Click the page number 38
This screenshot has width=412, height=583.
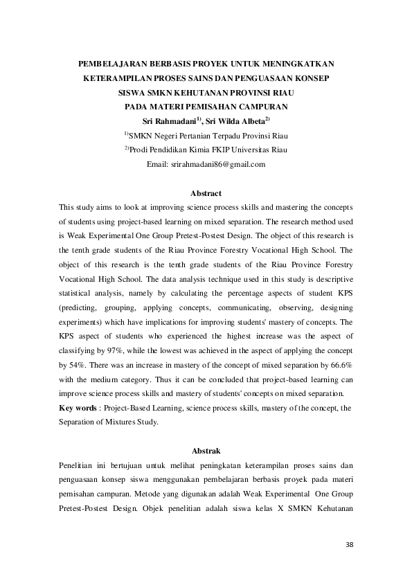(x=349, y=545)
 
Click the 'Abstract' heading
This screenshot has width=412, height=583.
(x=205, y=192)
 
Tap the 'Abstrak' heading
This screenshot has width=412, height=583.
(x=205, y=449)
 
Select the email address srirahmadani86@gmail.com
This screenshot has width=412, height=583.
(x=206, y=164)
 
